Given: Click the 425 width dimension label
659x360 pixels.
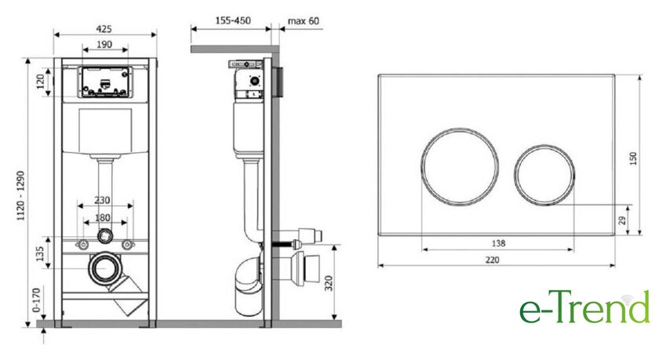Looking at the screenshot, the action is [104, 28].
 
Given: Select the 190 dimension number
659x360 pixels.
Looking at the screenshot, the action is [104, 44].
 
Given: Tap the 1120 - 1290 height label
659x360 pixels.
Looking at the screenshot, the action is [20, 196].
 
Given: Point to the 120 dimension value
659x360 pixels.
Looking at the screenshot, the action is [41, 82].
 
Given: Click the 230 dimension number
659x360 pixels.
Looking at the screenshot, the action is [102, 200].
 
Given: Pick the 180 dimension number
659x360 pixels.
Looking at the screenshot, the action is [103, 217].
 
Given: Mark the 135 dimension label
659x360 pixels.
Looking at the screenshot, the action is [40, 253].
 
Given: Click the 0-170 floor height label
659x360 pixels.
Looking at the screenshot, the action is [37, 300].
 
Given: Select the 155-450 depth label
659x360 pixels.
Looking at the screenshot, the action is [233, 20].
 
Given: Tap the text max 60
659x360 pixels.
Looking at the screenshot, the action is [304, 20].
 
